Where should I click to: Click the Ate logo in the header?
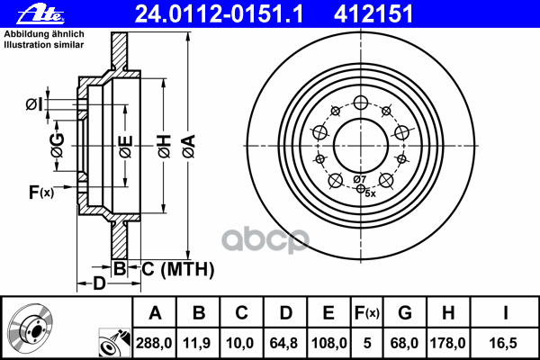(40, 14)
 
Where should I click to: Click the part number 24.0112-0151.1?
(219, 14)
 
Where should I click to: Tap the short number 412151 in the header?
(373, 14)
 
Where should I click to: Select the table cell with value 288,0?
(154, 343)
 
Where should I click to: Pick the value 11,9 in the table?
(197, 343)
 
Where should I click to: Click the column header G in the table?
(405, 312)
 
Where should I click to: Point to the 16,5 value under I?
(503, 343)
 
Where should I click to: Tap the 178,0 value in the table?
(447, 343)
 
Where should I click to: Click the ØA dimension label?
(189, 146)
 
